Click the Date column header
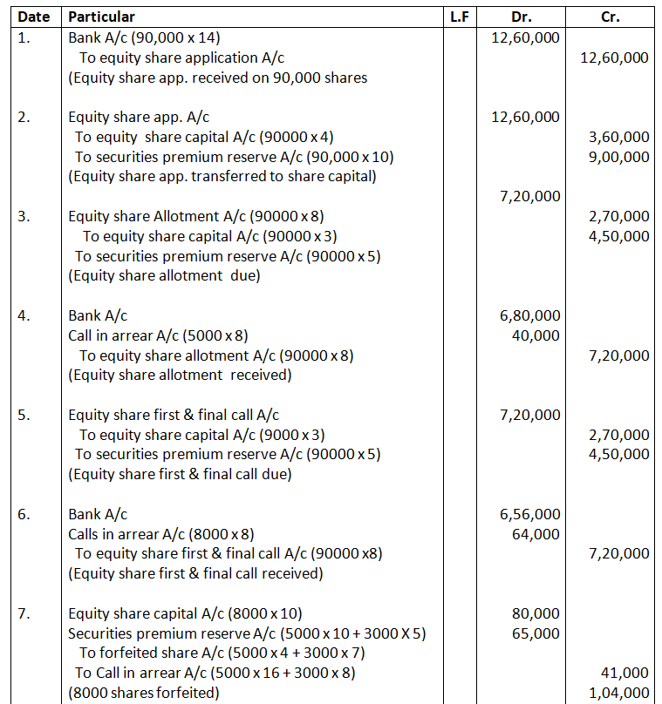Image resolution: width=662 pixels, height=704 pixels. [33, 17]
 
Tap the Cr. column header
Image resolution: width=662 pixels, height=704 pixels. [611, 17]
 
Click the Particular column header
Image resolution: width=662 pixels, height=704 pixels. [101, 17]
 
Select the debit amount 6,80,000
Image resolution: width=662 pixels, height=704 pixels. [529, 315]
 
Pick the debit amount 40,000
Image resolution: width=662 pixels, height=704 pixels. [536, 335]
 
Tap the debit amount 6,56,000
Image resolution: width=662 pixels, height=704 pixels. [529, 514]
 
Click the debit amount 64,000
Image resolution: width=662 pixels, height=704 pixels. [536, 534]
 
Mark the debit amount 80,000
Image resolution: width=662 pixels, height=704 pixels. [536, 613]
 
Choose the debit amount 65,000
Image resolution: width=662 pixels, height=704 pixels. [536, 633]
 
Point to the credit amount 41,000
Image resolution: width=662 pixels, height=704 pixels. [624, 673]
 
